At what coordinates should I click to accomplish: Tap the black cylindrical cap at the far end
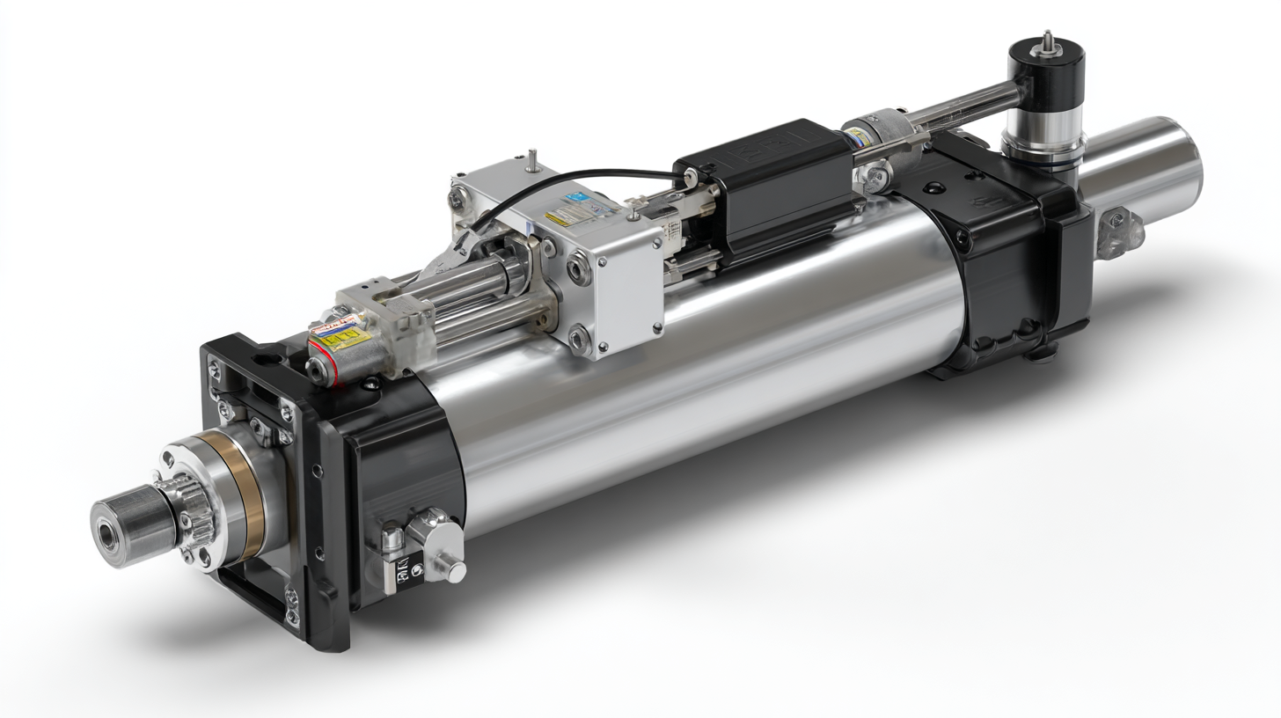pyautogui.click(x=1045, y=79)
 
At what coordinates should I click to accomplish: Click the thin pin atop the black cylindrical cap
pyautogui.click(x=1047, y=40)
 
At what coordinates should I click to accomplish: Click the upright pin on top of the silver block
pyautogui.click(x=533, y=159)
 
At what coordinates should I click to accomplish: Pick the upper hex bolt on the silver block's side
pyautogui.click(x=579, y=266)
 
